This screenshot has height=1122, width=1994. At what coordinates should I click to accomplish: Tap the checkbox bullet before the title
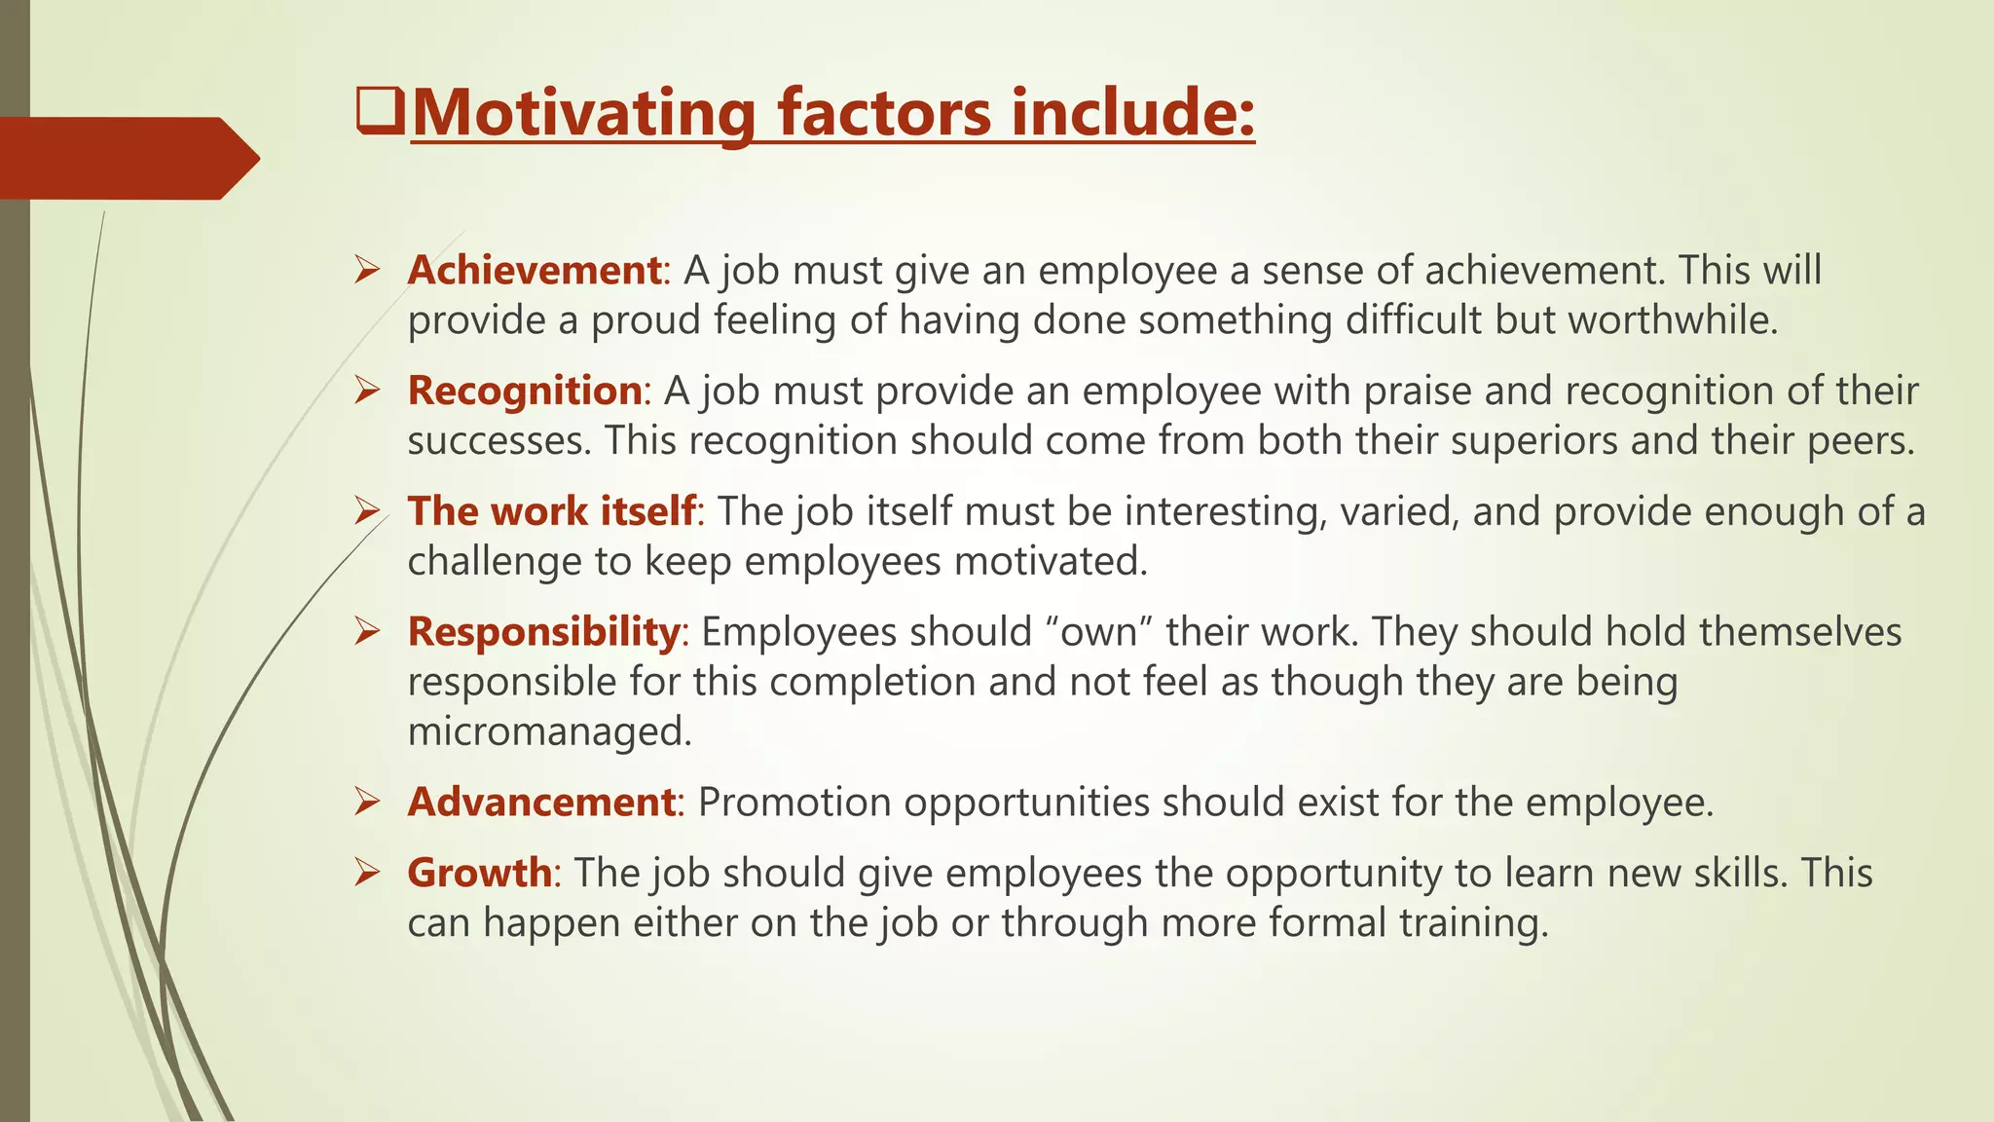[x=380, y=111]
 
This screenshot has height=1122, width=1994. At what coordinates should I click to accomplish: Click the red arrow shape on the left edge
[x=127, y=158]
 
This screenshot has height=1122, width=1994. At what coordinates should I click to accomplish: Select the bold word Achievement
[x=535, y=270]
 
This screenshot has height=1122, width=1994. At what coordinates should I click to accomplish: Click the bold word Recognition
[x=525, y=391]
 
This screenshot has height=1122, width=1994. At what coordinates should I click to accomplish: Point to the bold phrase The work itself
[x=552, y=511]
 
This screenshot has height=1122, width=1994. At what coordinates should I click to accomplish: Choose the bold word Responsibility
[x=543, y=631]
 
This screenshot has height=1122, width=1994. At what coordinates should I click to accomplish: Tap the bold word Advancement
[x=541, y=802]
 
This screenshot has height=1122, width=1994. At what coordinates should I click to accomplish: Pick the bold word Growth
[x=480, y=872]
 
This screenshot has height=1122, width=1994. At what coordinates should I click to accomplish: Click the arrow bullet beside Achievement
[x=367, y=270]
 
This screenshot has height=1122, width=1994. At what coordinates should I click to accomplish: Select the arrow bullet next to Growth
[x=367, y=872]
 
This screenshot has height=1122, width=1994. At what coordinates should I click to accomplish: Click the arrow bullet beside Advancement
[x=367, y=802]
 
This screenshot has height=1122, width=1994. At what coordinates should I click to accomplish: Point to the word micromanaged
[x=549, y=731]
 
